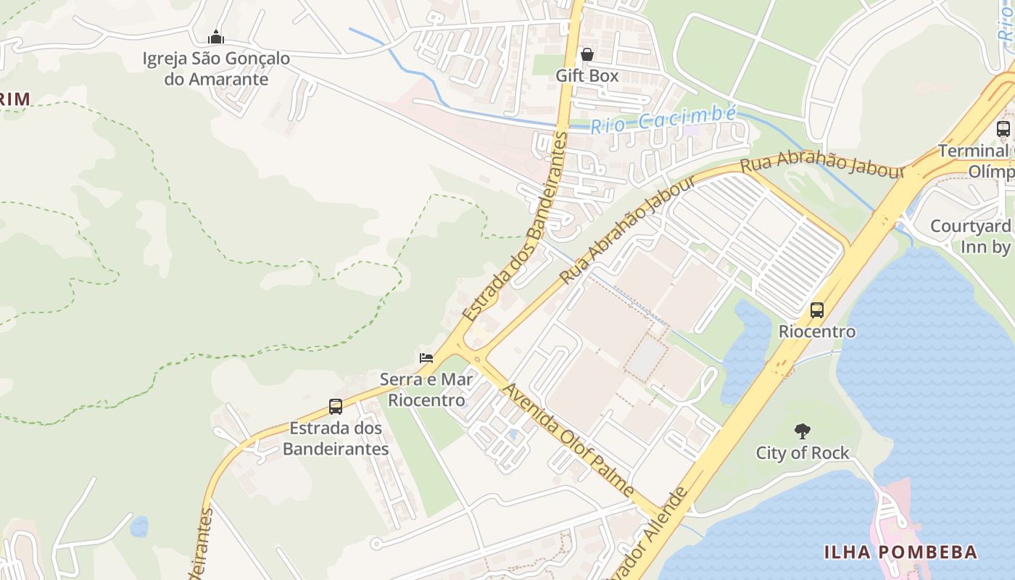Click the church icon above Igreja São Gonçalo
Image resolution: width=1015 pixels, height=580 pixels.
click(216, 37)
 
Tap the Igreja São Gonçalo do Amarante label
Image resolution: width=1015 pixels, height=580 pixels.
click(216, 69)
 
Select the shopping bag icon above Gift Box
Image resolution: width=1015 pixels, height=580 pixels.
click(587, 54)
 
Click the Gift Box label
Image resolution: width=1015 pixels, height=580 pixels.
click(587, 75)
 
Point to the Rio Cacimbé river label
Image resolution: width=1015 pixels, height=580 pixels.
click(663, 120)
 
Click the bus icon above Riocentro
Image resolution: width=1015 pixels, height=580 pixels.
click(817, 310)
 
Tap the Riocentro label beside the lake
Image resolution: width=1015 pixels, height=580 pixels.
click(817, 331)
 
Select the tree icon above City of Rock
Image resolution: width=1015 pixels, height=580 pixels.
click(802, 431)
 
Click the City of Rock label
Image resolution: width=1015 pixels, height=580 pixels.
click(802, 453)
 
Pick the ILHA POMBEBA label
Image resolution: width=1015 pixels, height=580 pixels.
click(900, 552)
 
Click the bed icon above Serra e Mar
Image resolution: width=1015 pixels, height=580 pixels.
click(426, 357)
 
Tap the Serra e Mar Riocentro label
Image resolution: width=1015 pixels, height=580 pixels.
click(426, 389)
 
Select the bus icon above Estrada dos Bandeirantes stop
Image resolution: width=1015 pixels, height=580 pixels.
click(336, 407)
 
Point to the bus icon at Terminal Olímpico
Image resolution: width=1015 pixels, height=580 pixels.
click(1003, 130)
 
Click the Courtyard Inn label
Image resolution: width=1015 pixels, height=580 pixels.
click(971, 236)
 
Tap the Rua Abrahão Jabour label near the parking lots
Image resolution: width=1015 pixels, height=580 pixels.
click(822, 163)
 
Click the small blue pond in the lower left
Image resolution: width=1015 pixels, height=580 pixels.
click(139, 526)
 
